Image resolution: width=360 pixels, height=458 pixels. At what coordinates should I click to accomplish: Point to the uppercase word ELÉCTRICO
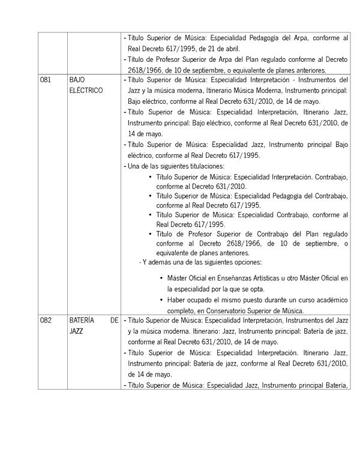86,90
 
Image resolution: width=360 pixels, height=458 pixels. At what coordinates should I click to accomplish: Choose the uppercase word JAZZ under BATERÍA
76,331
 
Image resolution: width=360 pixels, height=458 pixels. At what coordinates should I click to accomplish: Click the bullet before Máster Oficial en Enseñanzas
162,278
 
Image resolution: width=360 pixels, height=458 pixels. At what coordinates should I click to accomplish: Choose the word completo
181,310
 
